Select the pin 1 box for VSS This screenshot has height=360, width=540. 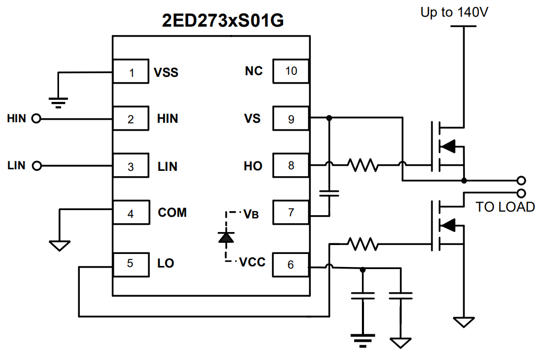(x=131, y=72)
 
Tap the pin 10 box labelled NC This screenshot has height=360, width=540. (x=290, y=71)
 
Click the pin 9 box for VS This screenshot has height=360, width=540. (x=290, y=119)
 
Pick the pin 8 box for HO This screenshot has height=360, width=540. (x=290, y=166)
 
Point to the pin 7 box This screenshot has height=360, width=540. (x=290, y=213)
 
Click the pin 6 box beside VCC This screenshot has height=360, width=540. (x=290, y=264)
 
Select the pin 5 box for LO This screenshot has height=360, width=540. (x=131, y=263)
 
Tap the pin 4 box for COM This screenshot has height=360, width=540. (x=131, y=213)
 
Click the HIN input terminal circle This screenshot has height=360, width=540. (x=36, y=119)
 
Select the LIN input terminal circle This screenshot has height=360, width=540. (x=36, y=166)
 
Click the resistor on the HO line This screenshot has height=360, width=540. (x=364, y=166)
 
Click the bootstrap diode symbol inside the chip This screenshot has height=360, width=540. (x=226, y=238)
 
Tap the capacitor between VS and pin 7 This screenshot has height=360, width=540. (x=329, y=193)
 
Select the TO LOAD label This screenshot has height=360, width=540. (x=504, y=207)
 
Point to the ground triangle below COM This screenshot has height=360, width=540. (x=60, y=245)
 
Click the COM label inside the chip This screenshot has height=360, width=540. (x=172, y=213)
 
